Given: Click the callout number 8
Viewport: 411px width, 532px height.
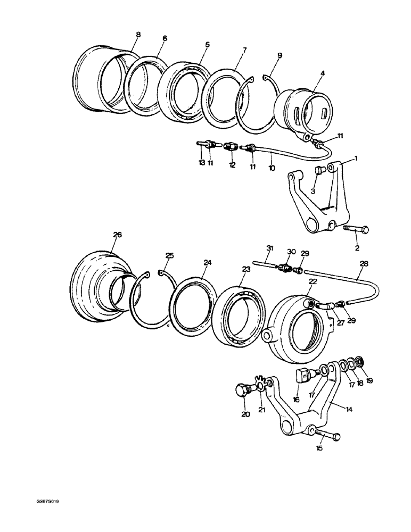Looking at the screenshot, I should [138, 35].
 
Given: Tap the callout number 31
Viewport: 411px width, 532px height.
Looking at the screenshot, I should [269, 248].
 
